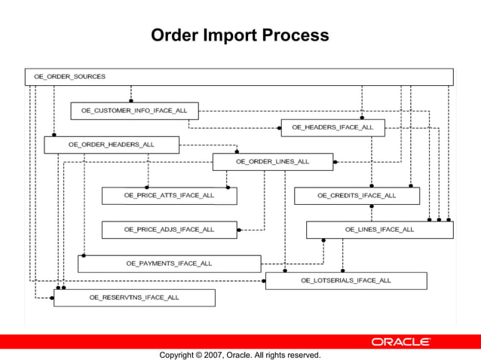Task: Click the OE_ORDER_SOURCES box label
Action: [69, 77]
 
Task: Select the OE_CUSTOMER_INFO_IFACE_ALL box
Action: [134, 111]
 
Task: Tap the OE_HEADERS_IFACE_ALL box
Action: [332, 127]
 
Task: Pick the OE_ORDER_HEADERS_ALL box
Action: [111, 145]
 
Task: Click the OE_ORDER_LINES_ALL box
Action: [272, 161]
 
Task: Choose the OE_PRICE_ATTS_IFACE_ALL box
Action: [169, 195]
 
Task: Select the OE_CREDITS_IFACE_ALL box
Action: [356, 195]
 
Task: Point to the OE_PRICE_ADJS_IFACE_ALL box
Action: [169, 229]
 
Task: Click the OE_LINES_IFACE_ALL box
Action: [379, 229]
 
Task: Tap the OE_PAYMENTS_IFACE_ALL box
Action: [169, 264]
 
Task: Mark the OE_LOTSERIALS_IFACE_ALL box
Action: [345, 280]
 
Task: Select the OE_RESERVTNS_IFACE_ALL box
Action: [134, 297]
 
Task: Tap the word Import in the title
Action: [231, 35]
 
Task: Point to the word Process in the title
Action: [296, 35]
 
